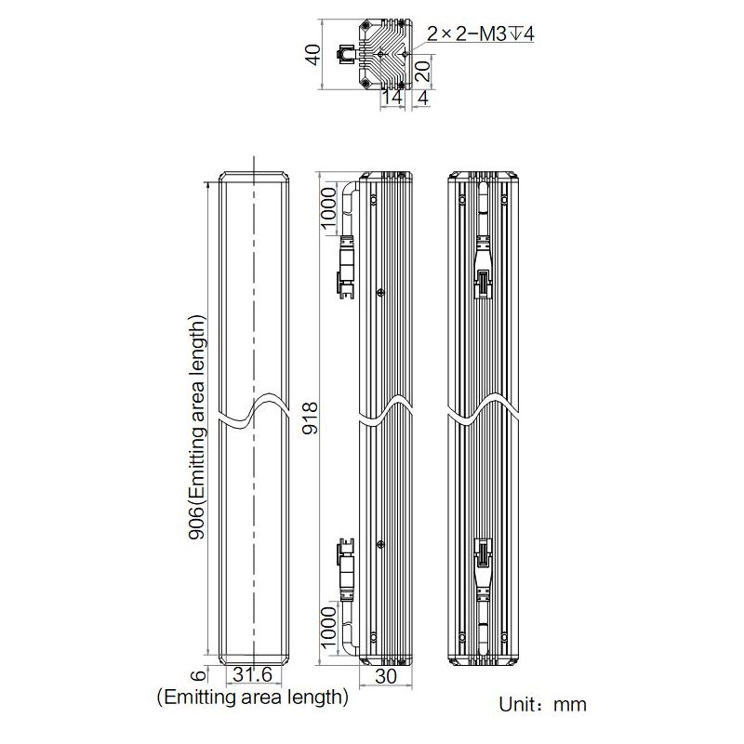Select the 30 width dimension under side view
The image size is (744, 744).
click(384, 679)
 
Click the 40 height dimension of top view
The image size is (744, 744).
click(314, 56)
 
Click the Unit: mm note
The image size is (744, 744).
click(543, 704)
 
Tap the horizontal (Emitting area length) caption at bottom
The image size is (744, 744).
click(253, 696)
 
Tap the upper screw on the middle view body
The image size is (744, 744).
click(380, 293)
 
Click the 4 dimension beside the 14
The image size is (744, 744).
click(423, 96)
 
